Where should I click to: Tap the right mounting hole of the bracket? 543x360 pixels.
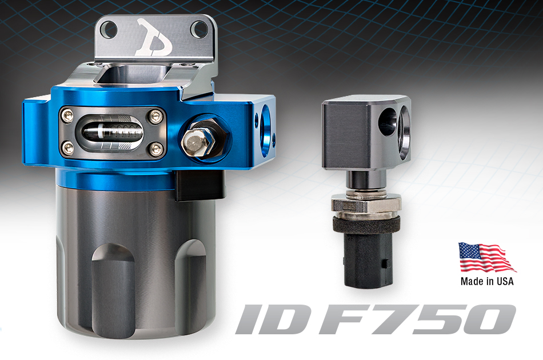[x=199, y=29]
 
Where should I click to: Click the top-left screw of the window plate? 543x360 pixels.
[x=68, y=117]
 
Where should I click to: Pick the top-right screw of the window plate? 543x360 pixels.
[x=153, y=117]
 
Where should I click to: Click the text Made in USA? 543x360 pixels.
[x=487, y=281]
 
